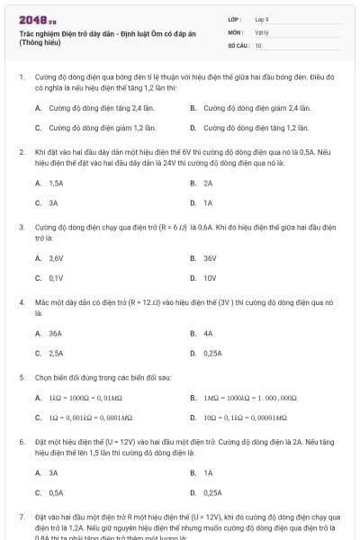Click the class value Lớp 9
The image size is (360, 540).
(x=262, y=18)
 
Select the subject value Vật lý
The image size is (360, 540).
(x=261, y=31)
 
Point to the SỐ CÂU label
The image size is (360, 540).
(x=238, y=45)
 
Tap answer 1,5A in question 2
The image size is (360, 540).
(x=56, y=183)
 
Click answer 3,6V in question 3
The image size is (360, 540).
(x=56, y=258)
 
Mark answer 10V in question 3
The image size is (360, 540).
(x=210, y=278)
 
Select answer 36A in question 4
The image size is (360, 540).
(x=56, y=333)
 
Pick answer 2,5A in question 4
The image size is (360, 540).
(x=56, y=354)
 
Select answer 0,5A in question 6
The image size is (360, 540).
(x=56, y=492)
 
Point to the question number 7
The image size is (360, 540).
(x=21, y=517)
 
